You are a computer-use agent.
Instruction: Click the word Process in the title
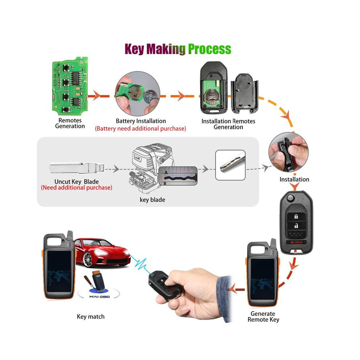click(209, 49)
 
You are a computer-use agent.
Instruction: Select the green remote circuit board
click(70, 86)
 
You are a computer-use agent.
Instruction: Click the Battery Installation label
click(141, 121)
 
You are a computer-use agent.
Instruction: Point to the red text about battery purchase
click(140, 129)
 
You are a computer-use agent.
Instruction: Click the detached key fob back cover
click(244, 93)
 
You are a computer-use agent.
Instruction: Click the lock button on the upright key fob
click(296, 216)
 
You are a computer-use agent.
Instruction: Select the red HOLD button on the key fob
click(296, 242)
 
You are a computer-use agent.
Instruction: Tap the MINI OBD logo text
click(99, 297)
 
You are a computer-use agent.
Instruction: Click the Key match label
click(91, 317)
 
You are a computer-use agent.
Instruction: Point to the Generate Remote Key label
click(263, 317)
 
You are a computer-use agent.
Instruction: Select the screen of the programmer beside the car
click(59, 271)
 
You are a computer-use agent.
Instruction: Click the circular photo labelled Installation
click(288, 152)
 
